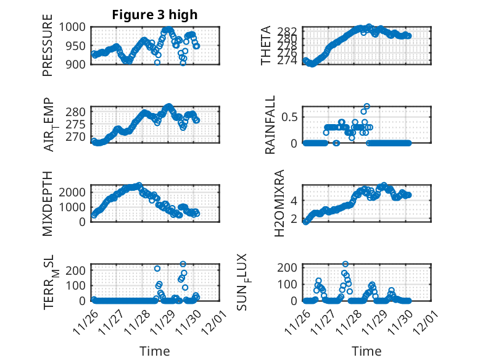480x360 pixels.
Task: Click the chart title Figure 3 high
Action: pos(155,15)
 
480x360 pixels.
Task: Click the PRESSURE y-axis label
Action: pos(48,49)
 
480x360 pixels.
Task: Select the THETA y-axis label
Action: pos(266,46)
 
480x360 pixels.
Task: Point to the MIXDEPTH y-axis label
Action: pos(48,204)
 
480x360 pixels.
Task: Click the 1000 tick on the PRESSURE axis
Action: pos(73,27)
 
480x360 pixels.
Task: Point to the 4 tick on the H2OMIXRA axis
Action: pos(295,200)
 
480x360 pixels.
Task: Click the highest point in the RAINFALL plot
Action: pos(366,106)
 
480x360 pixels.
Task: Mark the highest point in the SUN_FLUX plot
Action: pos(346,264)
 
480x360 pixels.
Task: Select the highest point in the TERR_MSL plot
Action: pos(183,264)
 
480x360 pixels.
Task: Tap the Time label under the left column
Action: pos(155,351)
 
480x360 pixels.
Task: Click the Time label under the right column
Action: pos(366,351)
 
